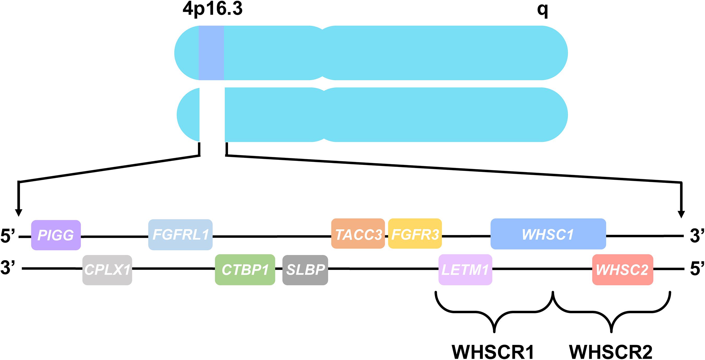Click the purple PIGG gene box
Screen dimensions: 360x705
[x=56, y=235]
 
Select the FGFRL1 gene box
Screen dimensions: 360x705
[x=180, y=235]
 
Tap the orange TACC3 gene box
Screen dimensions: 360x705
[x=358, y=234]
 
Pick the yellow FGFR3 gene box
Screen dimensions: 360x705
[x=415, y=234]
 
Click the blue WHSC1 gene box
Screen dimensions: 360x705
[x=548, y=234]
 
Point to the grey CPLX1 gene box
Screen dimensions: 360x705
[x=107, y=270]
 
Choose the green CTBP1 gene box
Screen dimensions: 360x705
[x=245, y=270]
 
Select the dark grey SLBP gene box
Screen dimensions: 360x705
[x=305, y=270]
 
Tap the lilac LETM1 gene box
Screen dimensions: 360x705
[x=465, y=270]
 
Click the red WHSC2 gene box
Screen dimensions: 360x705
[x=622, y=270]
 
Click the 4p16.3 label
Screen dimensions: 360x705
[x=213, y=9]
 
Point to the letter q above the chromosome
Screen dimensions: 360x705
[x=542, y=10]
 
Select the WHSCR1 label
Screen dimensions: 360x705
[x=493, y=352]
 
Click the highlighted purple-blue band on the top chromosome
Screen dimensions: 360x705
[x=211, y=53]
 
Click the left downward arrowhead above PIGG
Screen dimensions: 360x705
[x=18, y=213]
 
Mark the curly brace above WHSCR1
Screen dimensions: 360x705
[x=494, y=312]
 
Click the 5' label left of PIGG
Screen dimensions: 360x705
[x=9, y=236]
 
